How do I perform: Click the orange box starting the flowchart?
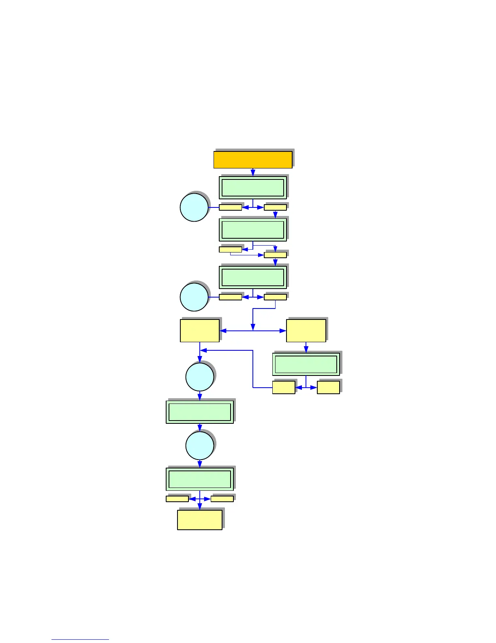click(x=253, y=160)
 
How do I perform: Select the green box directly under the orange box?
click(x=253, y=188)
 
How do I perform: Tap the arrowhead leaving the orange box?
click(x=253, y=173)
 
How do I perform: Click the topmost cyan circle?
click(x=194, y=207)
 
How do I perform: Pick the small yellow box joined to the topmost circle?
click(x=230, y=207)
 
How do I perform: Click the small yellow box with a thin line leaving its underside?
click(x=230, y=250)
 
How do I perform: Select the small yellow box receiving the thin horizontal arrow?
click(x=275, y=255)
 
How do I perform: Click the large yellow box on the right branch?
click(x=306, y=330)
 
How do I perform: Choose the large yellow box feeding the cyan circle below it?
click(x=200, y=330)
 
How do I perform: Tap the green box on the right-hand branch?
click(x=306, y=364)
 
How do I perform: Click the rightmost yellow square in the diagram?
click(x=328, y=388)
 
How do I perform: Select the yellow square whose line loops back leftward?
click(x=284, y=388)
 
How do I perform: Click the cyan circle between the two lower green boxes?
click(x=200, y=446)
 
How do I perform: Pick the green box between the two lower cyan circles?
click(x=200, y=412)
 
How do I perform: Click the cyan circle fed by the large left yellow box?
click(x=200, y=377)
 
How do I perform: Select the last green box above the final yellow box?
click(x=200, y=479)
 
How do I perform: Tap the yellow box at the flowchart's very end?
click(x=200, y=520)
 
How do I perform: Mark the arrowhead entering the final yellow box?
click(x=200, y=507)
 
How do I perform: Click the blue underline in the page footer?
click(x=80, y=640)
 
